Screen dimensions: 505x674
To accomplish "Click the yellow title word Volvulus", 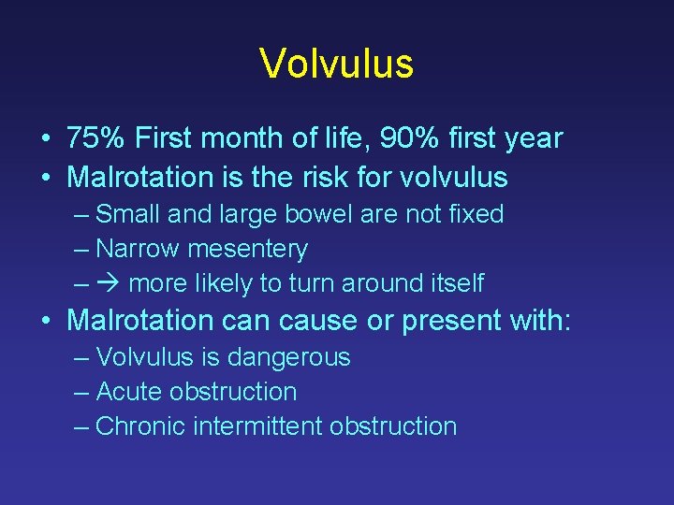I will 336,65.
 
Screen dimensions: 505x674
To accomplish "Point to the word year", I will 533,139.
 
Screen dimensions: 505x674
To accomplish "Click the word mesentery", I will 248,249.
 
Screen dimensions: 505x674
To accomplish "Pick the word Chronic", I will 141,426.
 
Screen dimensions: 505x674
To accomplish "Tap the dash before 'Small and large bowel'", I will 81,215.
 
